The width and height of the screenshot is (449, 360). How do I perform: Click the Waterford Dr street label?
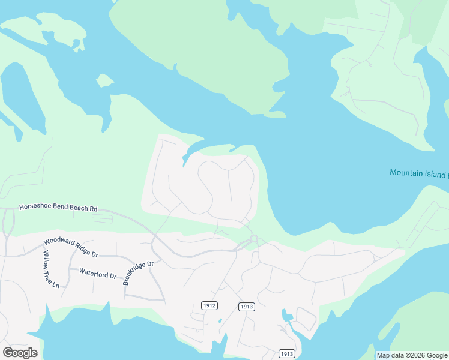(97, 272)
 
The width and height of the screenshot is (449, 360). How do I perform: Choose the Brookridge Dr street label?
(139, 272)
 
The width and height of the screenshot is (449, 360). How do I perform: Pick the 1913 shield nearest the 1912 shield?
(247, 307)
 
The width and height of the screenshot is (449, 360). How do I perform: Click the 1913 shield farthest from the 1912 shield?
(286, 354)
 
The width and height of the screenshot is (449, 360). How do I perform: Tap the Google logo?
(20, 353)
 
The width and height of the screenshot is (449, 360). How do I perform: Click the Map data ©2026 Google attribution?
(411, 355)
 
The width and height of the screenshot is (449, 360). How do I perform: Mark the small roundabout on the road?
(254, 239)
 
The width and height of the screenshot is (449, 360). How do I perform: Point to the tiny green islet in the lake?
(105, 80)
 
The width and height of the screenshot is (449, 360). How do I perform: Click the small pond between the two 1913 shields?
(287, 316)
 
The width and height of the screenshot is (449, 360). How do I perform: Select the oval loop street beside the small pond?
(306, 319)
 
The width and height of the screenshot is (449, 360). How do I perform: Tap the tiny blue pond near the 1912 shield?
(220, 320)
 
